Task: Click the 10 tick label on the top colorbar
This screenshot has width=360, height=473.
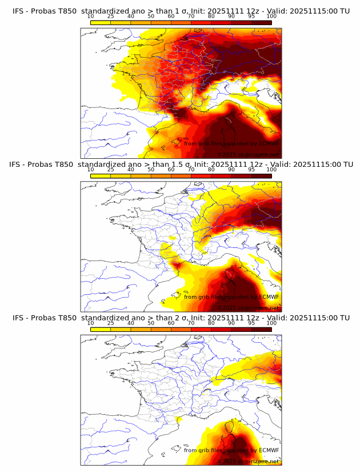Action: [x=90, y=16]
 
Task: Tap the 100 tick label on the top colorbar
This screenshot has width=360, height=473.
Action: [x=271, y=16]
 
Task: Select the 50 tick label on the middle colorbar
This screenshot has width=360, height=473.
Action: [x=151, y=170]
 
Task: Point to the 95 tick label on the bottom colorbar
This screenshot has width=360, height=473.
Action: [x=251, y=323]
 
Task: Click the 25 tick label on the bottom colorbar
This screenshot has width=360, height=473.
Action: [x=110, y=323]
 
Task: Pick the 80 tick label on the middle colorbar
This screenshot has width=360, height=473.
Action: [x=211, y=170]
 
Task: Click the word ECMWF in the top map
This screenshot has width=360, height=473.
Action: [x=269, y=143]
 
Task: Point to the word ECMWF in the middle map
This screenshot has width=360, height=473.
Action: [x=269, y=297]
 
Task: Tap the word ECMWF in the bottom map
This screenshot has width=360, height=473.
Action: [x=269, y=451]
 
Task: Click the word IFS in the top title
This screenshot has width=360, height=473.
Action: [x=19, y=10]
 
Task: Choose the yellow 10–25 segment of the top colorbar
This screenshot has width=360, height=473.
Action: [x=101, y=22]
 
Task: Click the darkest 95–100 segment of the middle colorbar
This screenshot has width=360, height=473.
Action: [x=262, y=176]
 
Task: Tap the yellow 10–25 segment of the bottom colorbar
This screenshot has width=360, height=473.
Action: [x=101, y=330]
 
